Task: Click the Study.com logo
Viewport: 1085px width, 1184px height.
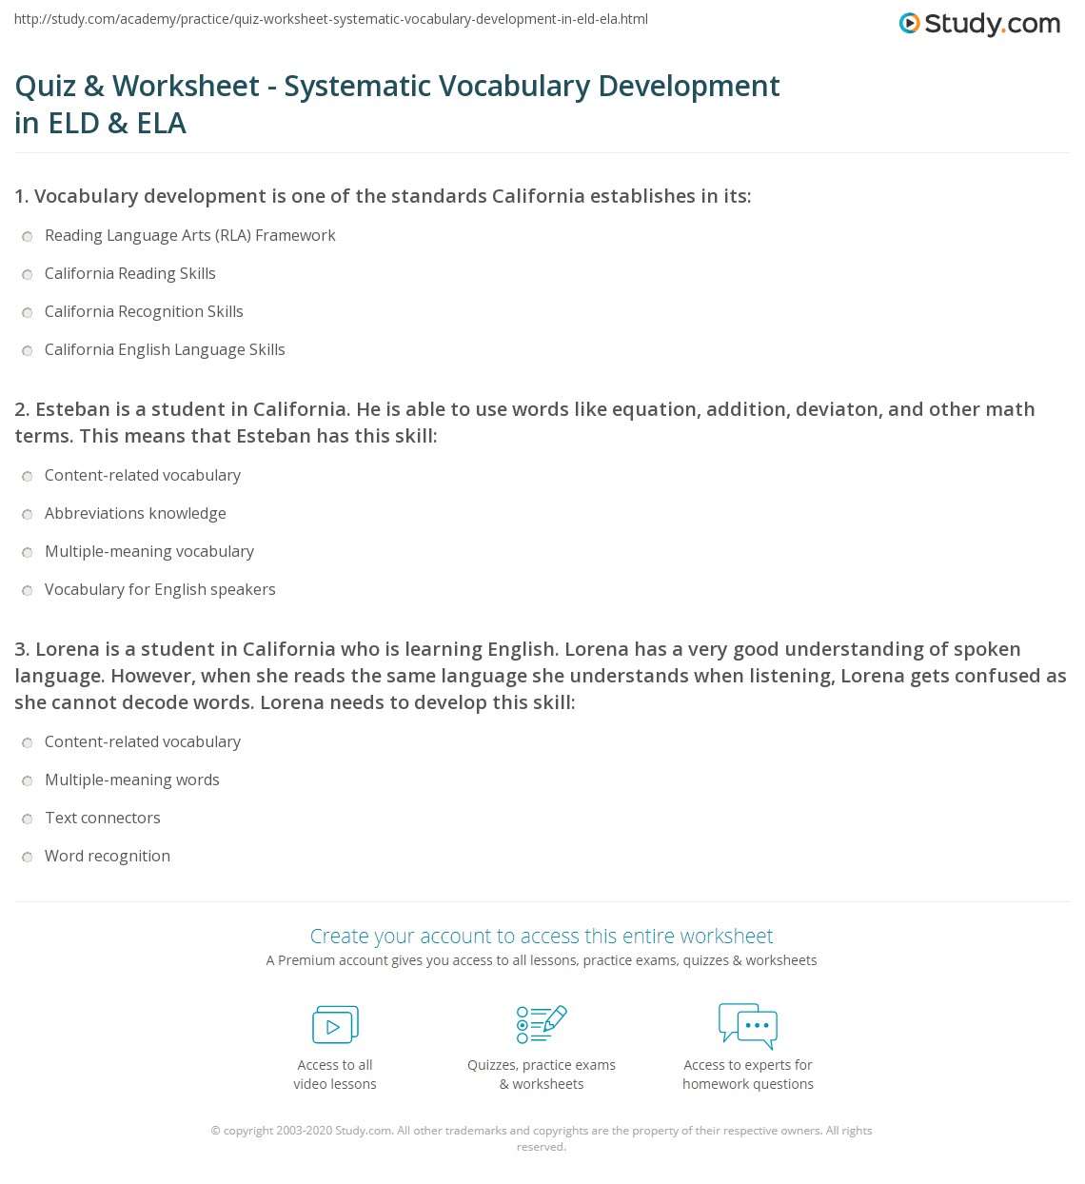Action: point(979,24)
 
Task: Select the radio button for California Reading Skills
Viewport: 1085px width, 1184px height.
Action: point(28,274)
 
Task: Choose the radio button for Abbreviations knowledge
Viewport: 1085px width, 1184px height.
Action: point(28,514)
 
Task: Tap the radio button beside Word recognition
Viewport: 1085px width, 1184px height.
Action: point(28,857)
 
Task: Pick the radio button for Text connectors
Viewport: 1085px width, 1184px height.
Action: point(28,819)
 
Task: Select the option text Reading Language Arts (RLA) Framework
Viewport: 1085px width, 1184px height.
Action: point(189,235)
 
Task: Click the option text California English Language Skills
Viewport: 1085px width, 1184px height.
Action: point(165,349)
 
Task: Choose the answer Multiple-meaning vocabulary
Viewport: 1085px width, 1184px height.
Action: point(149,551)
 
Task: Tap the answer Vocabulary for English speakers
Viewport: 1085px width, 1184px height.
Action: point(160,589)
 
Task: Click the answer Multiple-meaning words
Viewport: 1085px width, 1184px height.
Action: point(132,779)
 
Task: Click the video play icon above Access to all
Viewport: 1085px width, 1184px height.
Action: point(335,1024)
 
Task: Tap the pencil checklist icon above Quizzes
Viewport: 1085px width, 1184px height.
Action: point(542,1024)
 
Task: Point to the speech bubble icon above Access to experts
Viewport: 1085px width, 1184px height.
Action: point(748,1024)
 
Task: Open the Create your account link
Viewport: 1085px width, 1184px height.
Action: point(542,936)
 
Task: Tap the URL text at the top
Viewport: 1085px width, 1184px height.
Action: point(331,19)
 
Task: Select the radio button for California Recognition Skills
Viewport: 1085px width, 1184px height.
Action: point(28,312)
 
